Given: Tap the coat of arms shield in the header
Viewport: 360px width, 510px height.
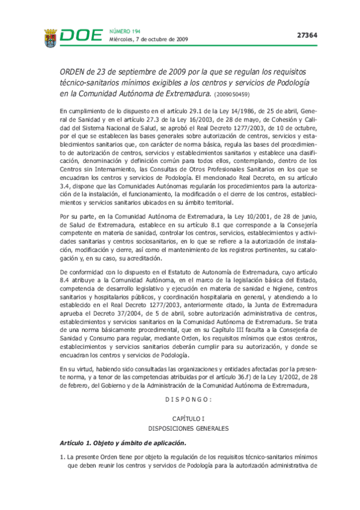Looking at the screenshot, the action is [50, 38].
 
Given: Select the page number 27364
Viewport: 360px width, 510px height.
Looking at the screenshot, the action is [307, 35].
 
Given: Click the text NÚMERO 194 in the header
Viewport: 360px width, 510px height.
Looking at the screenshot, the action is [124, 30].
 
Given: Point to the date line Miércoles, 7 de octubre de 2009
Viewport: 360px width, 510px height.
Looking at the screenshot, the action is [148, 40].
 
